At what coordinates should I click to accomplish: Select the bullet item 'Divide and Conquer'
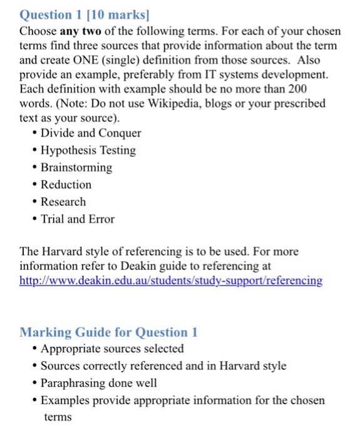(x=91, y=133)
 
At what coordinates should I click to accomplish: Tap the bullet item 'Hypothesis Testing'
(x=88, y=150)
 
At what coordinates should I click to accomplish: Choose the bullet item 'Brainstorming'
(x=76, y=168)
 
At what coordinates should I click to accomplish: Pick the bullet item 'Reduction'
(x=66, y=185)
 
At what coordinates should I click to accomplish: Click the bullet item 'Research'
(x=63, y=202)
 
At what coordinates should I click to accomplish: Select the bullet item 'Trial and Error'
(x=78, y=219)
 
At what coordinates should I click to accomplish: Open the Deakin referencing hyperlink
(x=171, y=280)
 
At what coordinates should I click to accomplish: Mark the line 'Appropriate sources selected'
(x=112, y=349)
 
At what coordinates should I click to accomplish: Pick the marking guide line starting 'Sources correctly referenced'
(x=163, y=366)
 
